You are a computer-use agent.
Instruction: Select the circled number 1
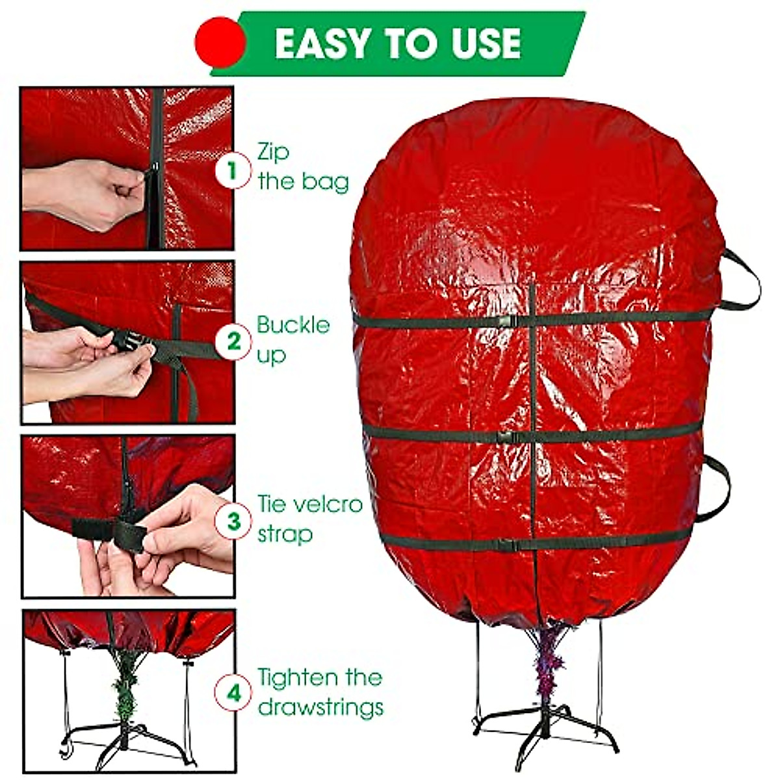(x=232, y=170)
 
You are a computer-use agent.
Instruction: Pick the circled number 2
(x=232, y=341)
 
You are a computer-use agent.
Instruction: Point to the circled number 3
(x=232, y=521)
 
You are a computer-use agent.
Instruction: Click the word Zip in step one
(x=273, y=153)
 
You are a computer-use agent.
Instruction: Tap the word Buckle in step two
(x=293, y=325)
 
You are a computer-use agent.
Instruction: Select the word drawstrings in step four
(x=320, y=707)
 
